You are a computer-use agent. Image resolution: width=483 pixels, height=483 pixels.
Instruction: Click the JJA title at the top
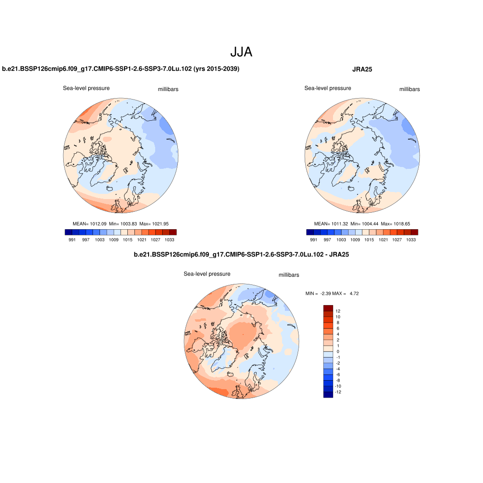(x=241, y=52)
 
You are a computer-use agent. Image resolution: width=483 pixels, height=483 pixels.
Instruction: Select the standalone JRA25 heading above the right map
(x=362, y=69)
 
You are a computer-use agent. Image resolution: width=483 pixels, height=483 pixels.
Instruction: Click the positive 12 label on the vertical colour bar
(x=338, y=311)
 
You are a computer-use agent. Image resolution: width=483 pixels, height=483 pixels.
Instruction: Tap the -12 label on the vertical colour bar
(x=338, y=392)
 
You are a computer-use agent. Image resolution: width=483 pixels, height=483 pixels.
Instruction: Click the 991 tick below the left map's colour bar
(x=72, y=240)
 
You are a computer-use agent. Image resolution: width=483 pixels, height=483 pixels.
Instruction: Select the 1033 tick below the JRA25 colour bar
(x=411, y=240)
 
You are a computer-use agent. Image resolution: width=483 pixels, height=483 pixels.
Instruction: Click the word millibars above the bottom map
(x=289, y=275)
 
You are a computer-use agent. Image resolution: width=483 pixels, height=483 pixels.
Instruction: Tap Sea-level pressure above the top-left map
(x=86, y=88)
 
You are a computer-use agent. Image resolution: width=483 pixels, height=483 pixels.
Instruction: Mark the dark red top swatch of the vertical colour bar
(x=328, y=308)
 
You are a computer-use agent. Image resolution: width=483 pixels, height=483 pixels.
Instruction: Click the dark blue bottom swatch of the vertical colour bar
(x=328, y=395)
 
